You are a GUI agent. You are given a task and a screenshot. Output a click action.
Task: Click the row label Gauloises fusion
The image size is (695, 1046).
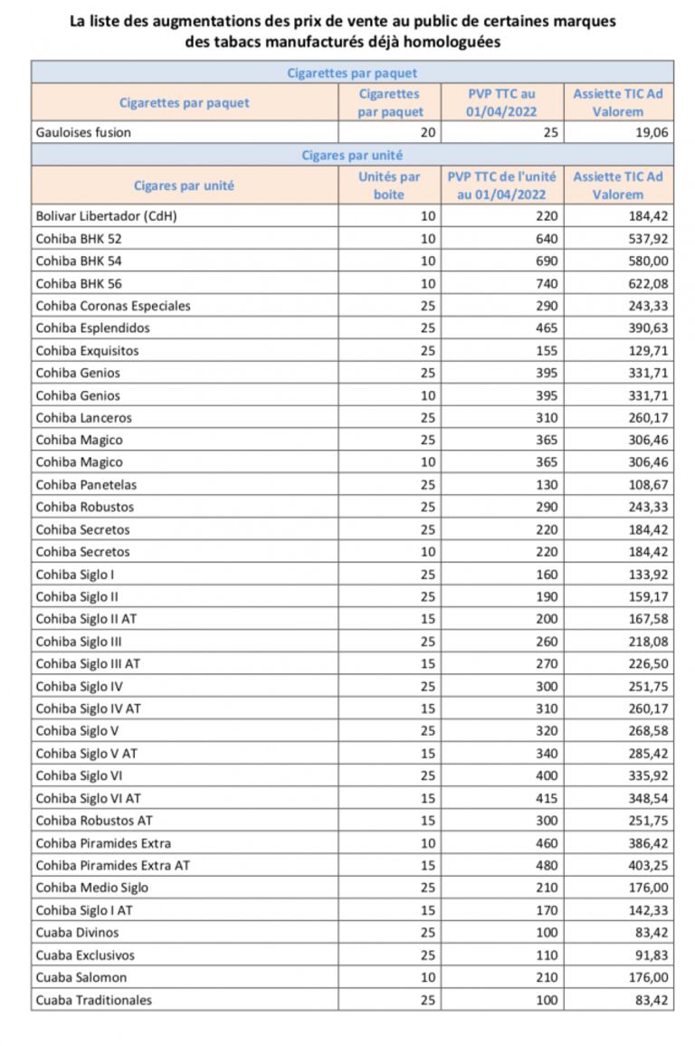(83, 132)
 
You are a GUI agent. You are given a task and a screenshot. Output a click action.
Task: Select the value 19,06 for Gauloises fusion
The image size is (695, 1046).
(651, 132)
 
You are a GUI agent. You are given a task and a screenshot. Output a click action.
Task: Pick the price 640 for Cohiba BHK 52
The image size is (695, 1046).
(546, 239)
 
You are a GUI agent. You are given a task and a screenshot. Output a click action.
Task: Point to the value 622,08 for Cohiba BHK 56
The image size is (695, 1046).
(646, 283)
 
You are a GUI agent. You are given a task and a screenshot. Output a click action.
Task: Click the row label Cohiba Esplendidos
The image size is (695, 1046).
(92, 328)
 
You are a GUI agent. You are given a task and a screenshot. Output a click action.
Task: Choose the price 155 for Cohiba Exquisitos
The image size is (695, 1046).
(546, 350)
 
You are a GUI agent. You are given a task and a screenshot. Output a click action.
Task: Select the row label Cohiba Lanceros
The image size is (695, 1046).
(83, 417)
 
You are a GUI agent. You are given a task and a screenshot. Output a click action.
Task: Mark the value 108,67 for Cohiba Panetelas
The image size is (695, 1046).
(646, 484)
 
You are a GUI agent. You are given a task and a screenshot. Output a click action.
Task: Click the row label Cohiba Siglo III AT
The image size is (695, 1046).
(88, 663)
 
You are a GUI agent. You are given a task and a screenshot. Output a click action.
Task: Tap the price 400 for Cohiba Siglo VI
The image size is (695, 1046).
(546, 775)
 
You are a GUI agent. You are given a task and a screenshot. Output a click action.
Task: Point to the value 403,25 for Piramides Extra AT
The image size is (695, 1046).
(646, 865)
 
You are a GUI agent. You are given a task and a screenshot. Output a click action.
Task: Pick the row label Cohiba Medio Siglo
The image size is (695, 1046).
(92, 888)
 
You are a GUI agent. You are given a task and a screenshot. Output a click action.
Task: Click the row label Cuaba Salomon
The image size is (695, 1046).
(81, 977)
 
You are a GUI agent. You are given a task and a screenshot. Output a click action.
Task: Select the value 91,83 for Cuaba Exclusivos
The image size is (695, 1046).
(651, 955)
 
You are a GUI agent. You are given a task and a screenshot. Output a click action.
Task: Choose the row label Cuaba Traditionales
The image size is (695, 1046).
(93, 1000)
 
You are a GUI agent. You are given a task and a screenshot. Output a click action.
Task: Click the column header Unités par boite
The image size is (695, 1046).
(389, 185)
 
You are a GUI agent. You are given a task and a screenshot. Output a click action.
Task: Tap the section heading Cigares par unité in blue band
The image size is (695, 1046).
(352, 155)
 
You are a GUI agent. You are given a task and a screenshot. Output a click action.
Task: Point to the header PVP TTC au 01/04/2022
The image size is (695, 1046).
(501, 102)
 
